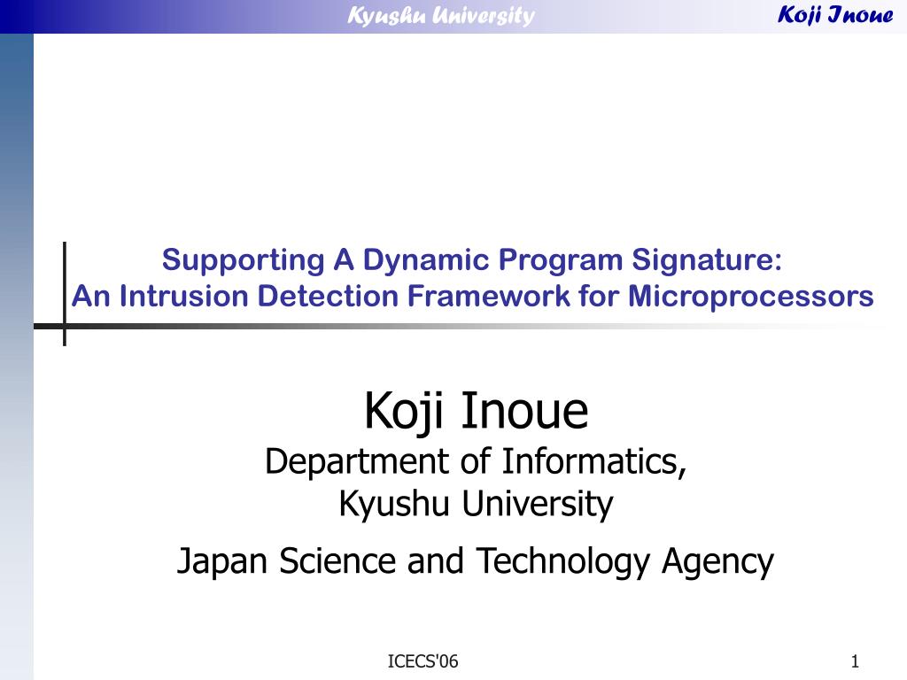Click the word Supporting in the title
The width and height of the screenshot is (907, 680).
click(x=243, y=260)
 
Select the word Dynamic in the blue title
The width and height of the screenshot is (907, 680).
click(x=426, y=260)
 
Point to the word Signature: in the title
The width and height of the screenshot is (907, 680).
click(x=706, y=260)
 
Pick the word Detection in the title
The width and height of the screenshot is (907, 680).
click(x=328, y=296)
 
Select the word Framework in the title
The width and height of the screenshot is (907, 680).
click(x=489, y=296)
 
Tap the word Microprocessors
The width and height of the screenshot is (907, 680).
click(x=750, y=297)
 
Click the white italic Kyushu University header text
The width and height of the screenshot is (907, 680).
click(x=441, y=16)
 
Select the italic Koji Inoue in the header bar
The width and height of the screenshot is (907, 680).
click(x=835, y=14)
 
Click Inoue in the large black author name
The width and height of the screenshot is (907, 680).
click(x=524, y=411)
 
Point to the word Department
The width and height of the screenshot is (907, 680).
click(x=357, y=462)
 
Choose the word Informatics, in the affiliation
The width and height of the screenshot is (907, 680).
click(x=594, y=461)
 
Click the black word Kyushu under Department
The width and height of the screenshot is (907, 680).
click(x=394, y=503)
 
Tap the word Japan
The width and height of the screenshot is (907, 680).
click(x=221, y=561)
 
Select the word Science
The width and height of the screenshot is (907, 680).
click(x=337, y=560)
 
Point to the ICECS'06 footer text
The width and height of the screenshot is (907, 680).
click(x=422, y=661)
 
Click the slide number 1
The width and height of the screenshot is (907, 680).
click(x=855, y=661)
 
